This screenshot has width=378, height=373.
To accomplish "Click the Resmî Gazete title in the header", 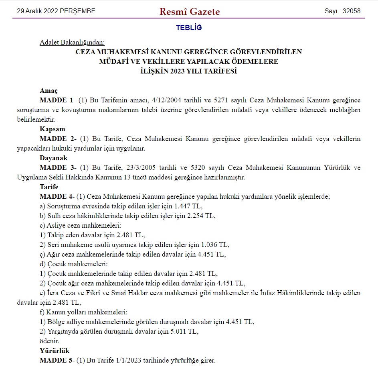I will [x=190, y=12].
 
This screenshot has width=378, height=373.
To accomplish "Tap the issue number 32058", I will [x=351, y=11].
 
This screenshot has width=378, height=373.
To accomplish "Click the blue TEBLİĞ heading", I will [x=189, y=28].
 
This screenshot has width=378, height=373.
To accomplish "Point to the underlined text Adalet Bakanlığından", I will [x=72, y=43].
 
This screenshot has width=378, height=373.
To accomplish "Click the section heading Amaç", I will [x=49, y=91].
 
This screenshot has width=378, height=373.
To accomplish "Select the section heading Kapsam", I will [x=52, y=129].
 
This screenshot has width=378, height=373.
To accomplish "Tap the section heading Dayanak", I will [x=53, y=158].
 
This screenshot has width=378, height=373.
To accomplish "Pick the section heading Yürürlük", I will [x=55, y=351].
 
